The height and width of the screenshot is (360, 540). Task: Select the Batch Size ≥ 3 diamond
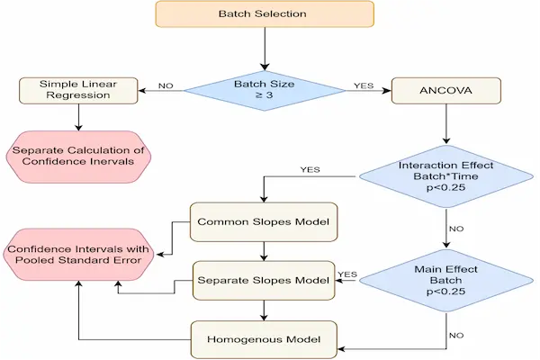264,90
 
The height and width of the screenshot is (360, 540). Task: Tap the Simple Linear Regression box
79,90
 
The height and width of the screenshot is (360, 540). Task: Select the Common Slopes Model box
262,220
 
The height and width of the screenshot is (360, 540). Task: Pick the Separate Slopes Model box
262,280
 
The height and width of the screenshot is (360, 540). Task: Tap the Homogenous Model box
262,339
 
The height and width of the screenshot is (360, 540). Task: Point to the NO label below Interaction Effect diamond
456,229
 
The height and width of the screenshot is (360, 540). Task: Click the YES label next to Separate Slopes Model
348,274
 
